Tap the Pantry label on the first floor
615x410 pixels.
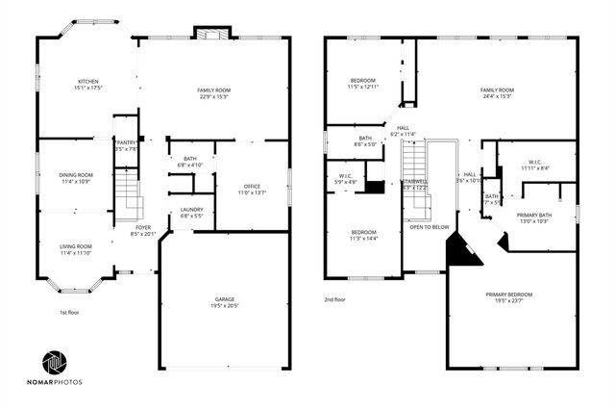pos(126,142)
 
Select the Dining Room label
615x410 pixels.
pos(76,175)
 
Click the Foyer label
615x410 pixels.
pos(143,228)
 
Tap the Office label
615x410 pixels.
pos(253,187)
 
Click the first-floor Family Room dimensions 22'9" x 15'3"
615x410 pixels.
pos(216,96)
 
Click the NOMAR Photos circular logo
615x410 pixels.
pos(54,364)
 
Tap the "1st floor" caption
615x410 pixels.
pos(69,313)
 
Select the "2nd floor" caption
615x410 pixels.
pos(334,299)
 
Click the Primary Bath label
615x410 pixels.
pos(533,215)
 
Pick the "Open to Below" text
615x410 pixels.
pos(430,227)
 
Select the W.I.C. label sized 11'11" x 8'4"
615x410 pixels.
pos(535,162)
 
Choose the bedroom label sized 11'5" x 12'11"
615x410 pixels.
pos(362,80)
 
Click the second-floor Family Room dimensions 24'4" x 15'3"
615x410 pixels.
pos(497,96)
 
